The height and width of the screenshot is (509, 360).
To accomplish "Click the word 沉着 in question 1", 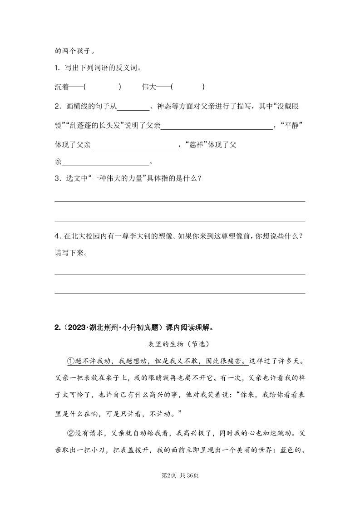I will (62, 87).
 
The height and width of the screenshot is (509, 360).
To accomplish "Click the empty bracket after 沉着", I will (103, 87).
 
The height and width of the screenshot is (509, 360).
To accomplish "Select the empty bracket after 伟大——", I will (188, 87).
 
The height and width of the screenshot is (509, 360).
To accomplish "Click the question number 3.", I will (57, 178).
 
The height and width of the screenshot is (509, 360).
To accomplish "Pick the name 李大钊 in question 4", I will (144, 236).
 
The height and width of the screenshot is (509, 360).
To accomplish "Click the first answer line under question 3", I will (180, 201).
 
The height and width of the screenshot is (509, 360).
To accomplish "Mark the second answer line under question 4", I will (180, 293).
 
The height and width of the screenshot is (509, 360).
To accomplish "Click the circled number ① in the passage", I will (70, 361).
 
